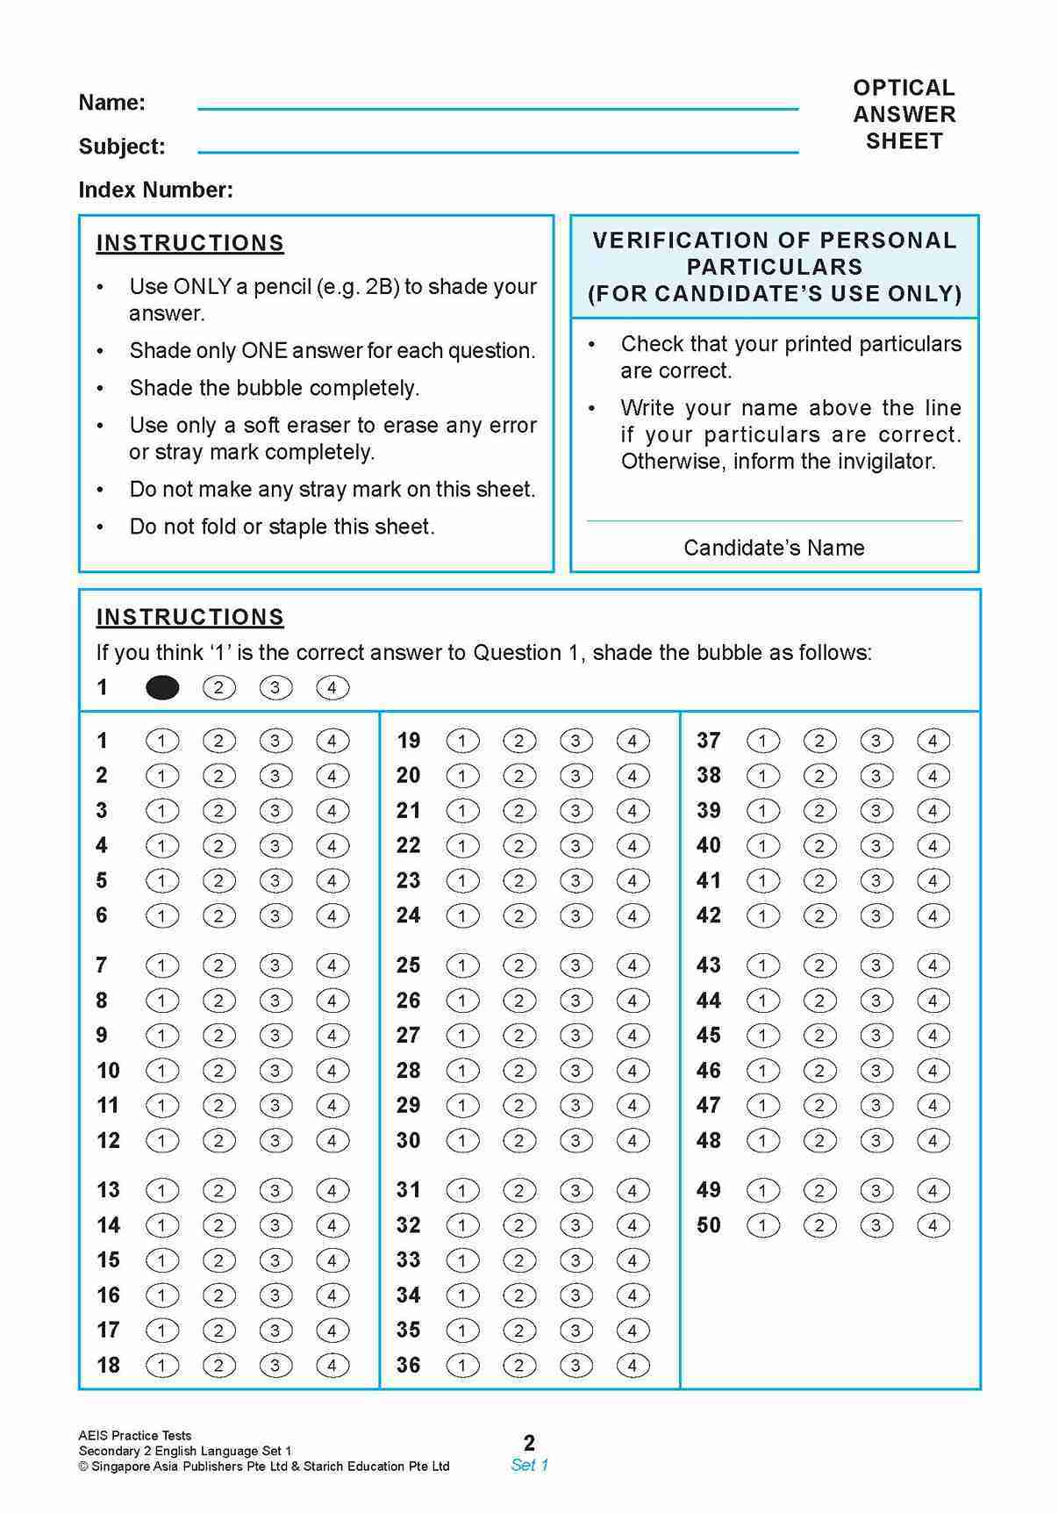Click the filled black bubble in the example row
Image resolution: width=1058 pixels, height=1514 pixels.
click(x=162, y=688)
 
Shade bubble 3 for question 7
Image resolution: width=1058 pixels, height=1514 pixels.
click(x=275, y=965)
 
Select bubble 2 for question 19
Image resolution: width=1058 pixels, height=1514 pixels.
click(x=518, y=741)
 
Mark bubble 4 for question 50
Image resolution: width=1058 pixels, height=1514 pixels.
click(x=933, y=1225)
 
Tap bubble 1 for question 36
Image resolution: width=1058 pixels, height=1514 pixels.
click(x=462, y=1366)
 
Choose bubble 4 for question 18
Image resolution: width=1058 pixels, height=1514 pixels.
click(x=332, y=1366)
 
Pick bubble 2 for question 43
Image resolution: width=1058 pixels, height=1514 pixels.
click(x=819, y=965)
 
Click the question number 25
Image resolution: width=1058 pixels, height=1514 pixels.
click(x=408, y=965)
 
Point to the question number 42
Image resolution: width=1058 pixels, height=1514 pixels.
click(x=709, y=915)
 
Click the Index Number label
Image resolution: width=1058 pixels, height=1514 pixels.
click(x=156, y=190)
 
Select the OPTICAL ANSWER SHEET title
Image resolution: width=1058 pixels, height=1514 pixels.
click(x=904, y=114)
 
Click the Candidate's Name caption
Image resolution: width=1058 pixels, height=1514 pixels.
click(x=774, y=548)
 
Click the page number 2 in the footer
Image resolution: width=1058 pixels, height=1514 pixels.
click(x=529, y=1442)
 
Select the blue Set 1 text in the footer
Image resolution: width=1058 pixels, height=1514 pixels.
click(x=529, y=1464)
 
